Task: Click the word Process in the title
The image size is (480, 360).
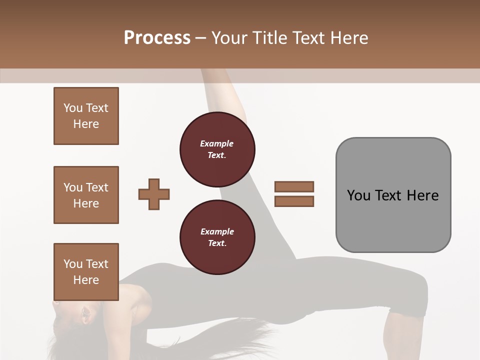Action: click(157, 38)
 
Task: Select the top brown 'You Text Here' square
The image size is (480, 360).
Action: click(86, 116)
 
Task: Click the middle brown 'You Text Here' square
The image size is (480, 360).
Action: click(86, 195)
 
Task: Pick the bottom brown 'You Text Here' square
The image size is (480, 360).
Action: click(86, 272)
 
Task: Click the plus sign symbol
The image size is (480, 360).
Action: click(154, 193)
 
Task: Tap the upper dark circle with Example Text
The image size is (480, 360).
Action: click(217, 149)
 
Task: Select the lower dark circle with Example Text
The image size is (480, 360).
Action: click(217, 237)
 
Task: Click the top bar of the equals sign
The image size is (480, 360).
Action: click(294, 186)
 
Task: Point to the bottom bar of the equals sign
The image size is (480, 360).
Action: click(294, 201)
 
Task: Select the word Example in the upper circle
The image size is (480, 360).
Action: click(217, 143)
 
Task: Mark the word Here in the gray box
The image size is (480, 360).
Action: click(422, 195)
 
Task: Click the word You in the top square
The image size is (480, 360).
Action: click(72, 108)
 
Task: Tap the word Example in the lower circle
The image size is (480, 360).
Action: click(217, 231)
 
